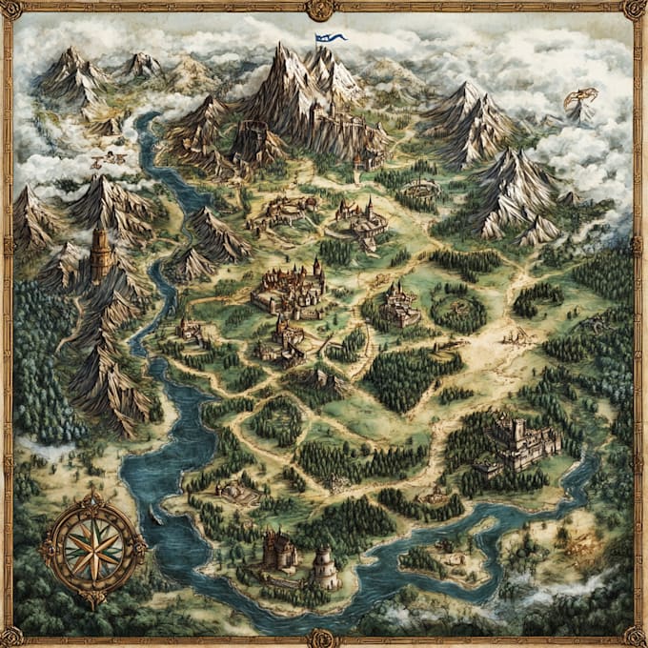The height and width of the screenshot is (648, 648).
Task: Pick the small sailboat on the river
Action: point(152,516)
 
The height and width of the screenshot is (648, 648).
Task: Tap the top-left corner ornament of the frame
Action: point(10,10)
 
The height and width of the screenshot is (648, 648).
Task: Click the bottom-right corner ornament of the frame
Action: point(636,637)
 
